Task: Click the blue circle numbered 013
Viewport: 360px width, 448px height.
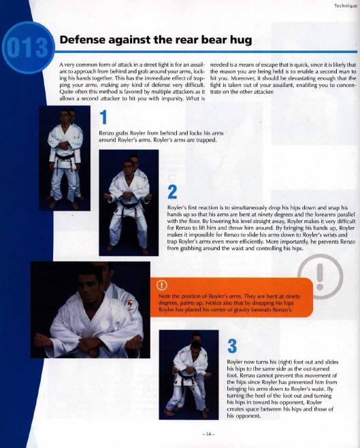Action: click(x=28, y=48)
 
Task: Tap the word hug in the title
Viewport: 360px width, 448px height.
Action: click(x=241, y=40)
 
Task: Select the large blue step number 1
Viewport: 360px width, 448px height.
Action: click(x=103, y=117)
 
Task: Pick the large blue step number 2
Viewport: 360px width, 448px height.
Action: click(x=172, y=192)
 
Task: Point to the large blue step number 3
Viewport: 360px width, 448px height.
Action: click(x=232, y=346)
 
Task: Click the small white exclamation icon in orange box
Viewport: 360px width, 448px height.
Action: click(x=162, y=285)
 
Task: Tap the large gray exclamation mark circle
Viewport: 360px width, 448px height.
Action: click(x=320, y=277)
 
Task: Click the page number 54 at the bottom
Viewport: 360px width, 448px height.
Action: click(x=208, y=434)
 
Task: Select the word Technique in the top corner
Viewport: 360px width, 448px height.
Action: click(x=346, y=5)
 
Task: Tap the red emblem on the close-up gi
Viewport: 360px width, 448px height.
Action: click(x=129, y=304)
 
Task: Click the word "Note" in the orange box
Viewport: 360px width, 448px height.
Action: click(x=165, y=296)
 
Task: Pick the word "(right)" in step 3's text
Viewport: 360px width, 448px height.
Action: click(x=285, y=362)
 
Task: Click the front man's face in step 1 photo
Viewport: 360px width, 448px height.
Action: click(x=65, y=116)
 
